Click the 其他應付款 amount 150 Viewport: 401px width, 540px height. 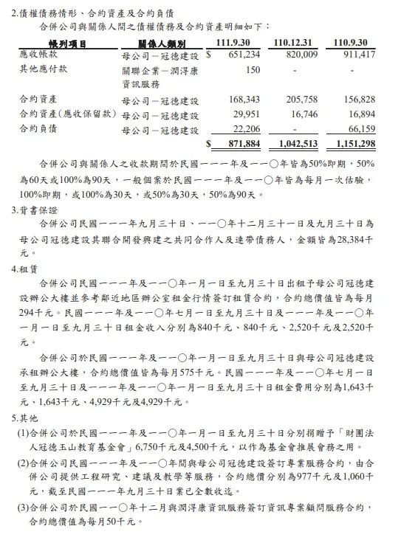[x=253, y=70]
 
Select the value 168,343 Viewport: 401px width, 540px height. [x=244, y=99]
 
